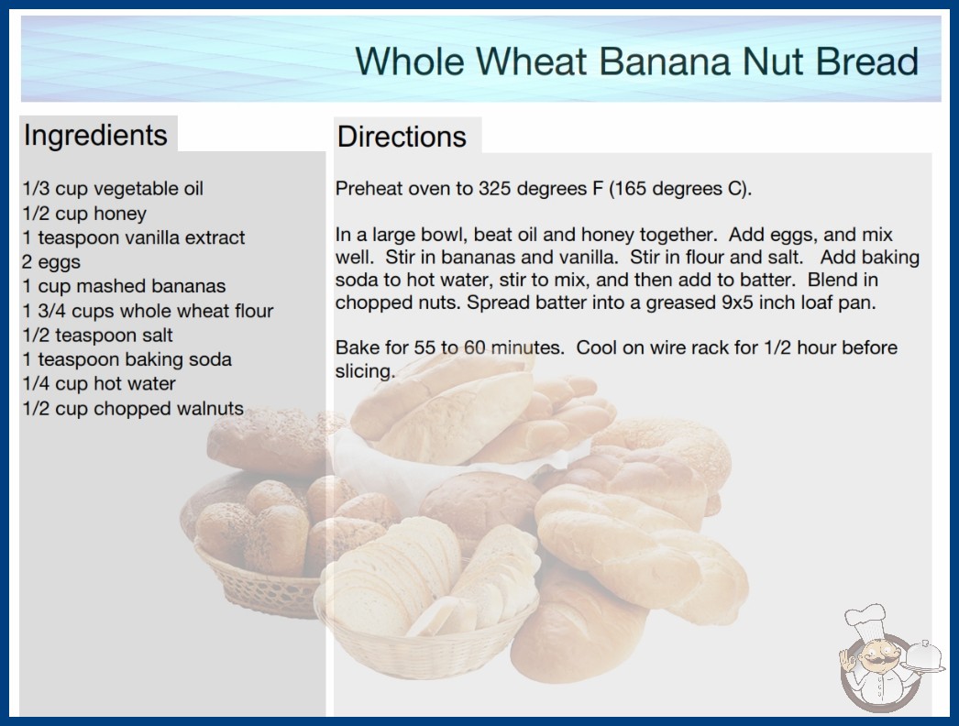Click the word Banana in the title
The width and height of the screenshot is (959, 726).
[x=664, y=61]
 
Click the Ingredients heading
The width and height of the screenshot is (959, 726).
[x=95, y=136]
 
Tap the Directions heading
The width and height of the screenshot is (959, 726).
[x=402, y=137]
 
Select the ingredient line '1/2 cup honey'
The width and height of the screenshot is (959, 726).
[x=84, y=214]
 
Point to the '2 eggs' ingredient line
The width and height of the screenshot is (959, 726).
[x=51, y=262]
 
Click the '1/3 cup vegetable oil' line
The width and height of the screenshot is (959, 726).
[x=113, y=189]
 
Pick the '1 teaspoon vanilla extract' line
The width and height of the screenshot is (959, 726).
[x=133, y=237]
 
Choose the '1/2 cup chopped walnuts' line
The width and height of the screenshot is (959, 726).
[x=133, y=408]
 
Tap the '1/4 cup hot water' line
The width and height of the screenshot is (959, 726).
[x=99, y=383]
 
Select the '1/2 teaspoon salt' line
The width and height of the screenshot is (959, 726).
[x=97, y=335]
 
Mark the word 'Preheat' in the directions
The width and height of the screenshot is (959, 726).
[x=369, y=189]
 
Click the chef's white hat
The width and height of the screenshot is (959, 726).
[x=865, y=619]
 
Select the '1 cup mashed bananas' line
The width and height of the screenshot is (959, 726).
[x=124, y=286]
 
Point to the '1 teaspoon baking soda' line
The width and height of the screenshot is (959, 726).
[x=127, y=359]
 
